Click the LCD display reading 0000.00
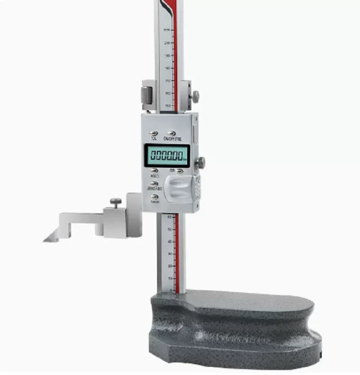(x=167, y=156)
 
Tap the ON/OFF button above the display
(x=171, y=133)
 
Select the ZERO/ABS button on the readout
(x=154, y=184)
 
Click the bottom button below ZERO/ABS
(x=154, y=197)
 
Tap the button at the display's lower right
(x=180, y=171)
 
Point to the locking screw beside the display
(x=200, y=163)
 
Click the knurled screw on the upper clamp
(x=195, y=96)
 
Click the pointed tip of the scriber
(x=45, y=240)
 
